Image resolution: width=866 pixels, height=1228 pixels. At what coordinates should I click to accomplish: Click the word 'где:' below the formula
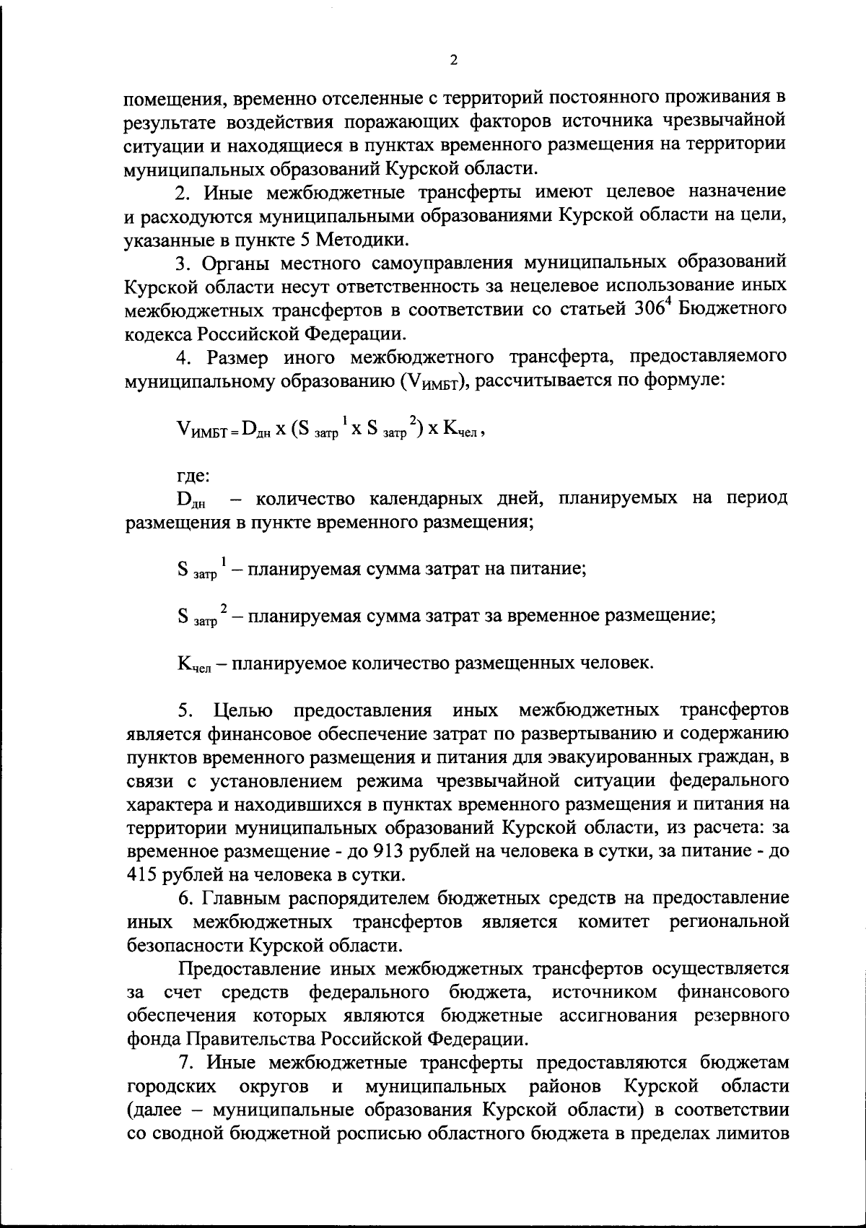193,476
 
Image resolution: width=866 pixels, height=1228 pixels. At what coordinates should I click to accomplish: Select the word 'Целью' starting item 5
243,710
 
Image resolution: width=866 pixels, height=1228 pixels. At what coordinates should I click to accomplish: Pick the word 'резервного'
741,1016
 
